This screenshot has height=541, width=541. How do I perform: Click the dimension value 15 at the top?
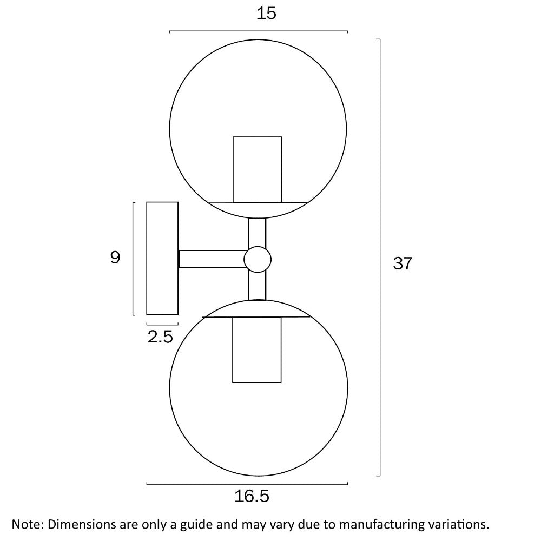[x=266, y=14]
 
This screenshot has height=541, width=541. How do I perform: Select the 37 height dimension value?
[x=403, y=263]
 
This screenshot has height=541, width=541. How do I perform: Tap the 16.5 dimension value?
[x=252, y=496]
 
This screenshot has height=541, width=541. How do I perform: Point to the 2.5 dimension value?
[x=160, y=337]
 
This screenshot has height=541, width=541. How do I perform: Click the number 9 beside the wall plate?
[x=115, y=258]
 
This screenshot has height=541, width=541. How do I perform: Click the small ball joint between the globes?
[x=258, y=260]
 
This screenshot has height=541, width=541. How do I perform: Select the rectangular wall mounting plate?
[x=162, y=259]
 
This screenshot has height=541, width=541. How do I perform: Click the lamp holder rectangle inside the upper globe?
[x=257, y=169]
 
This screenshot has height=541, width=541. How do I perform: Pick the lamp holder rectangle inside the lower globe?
[x=256, y=349]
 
